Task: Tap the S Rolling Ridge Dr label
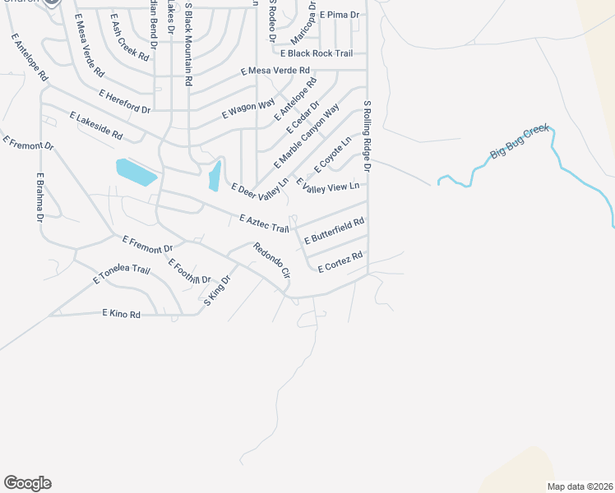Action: point(368,136)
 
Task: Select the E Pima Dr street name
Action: point(340,15)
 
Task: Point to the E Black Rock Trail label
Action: point(317,53)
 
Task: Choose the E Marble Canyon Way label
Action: point(307,136)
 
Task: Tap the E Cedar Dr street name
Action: point(302,118)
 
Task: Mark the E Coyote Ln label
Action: point(332,154)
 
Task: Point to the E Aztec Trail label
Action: point(264,223)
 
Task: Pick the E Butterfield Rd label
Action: point(333,232)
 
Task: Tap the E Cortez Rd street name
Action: point(340,263)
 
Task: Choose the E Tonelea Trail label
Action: point(122,274)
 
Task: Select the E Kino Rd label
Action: point(122,313)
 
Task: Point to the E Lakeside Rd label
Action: point(96,125)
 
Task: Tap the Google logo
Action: point(27,483)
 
